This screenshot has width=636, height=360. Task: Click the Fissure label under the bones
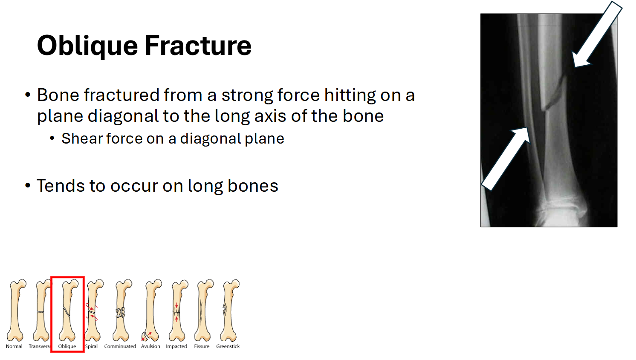(202, 346)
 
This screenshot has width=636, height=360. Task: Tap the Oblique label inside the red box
(67, 346)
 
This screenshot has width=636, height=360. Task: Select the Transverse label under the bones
(40, 346)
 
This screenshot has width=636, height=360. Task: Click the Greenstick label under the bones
(228, 346)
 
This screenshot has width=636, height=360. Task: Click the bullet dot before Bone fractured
(28, 95)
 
